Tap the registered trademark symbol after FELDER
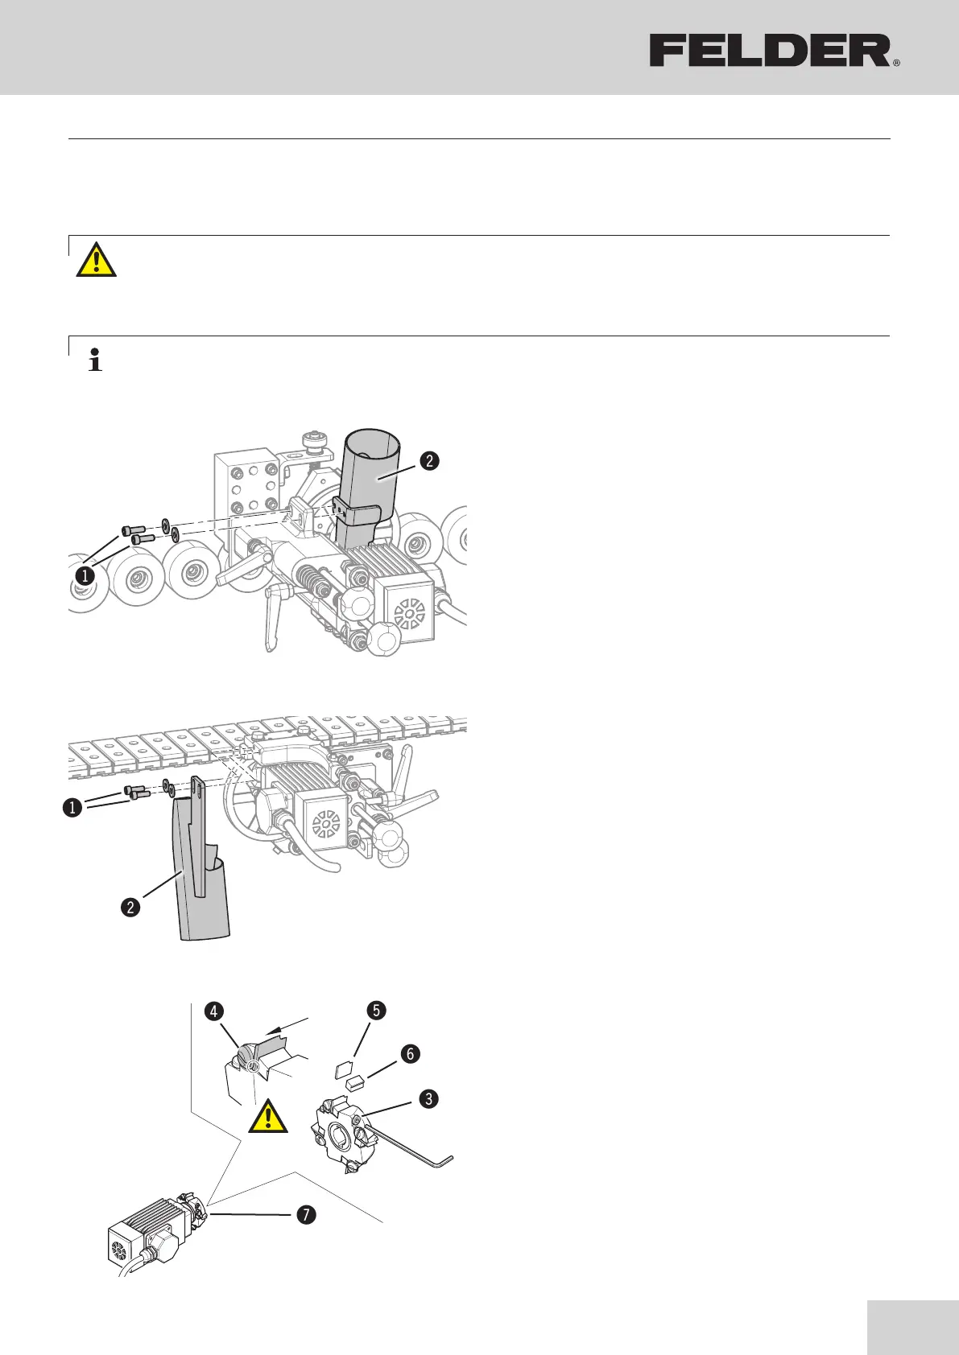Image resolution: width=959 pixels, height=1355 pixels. point(896,62)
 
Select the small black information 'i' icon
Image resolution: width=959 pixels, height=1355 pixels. point(96,360)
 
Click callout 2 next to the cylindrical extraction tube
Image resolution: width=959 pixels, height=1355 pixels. point(428,461)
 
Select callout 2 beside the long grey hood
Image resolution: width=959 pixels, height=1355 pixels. point(130,908)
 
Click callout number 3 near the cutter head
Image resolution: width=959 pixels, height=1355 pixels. point(428,1098)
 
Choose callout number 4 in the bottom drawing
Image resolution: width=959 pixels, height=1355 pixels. point(214,1011)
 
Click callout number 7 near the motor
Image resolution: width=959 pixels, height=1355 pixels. point(305,1215)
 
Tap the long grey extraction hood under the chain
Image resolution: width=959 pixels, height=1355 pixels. point(199,877)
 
